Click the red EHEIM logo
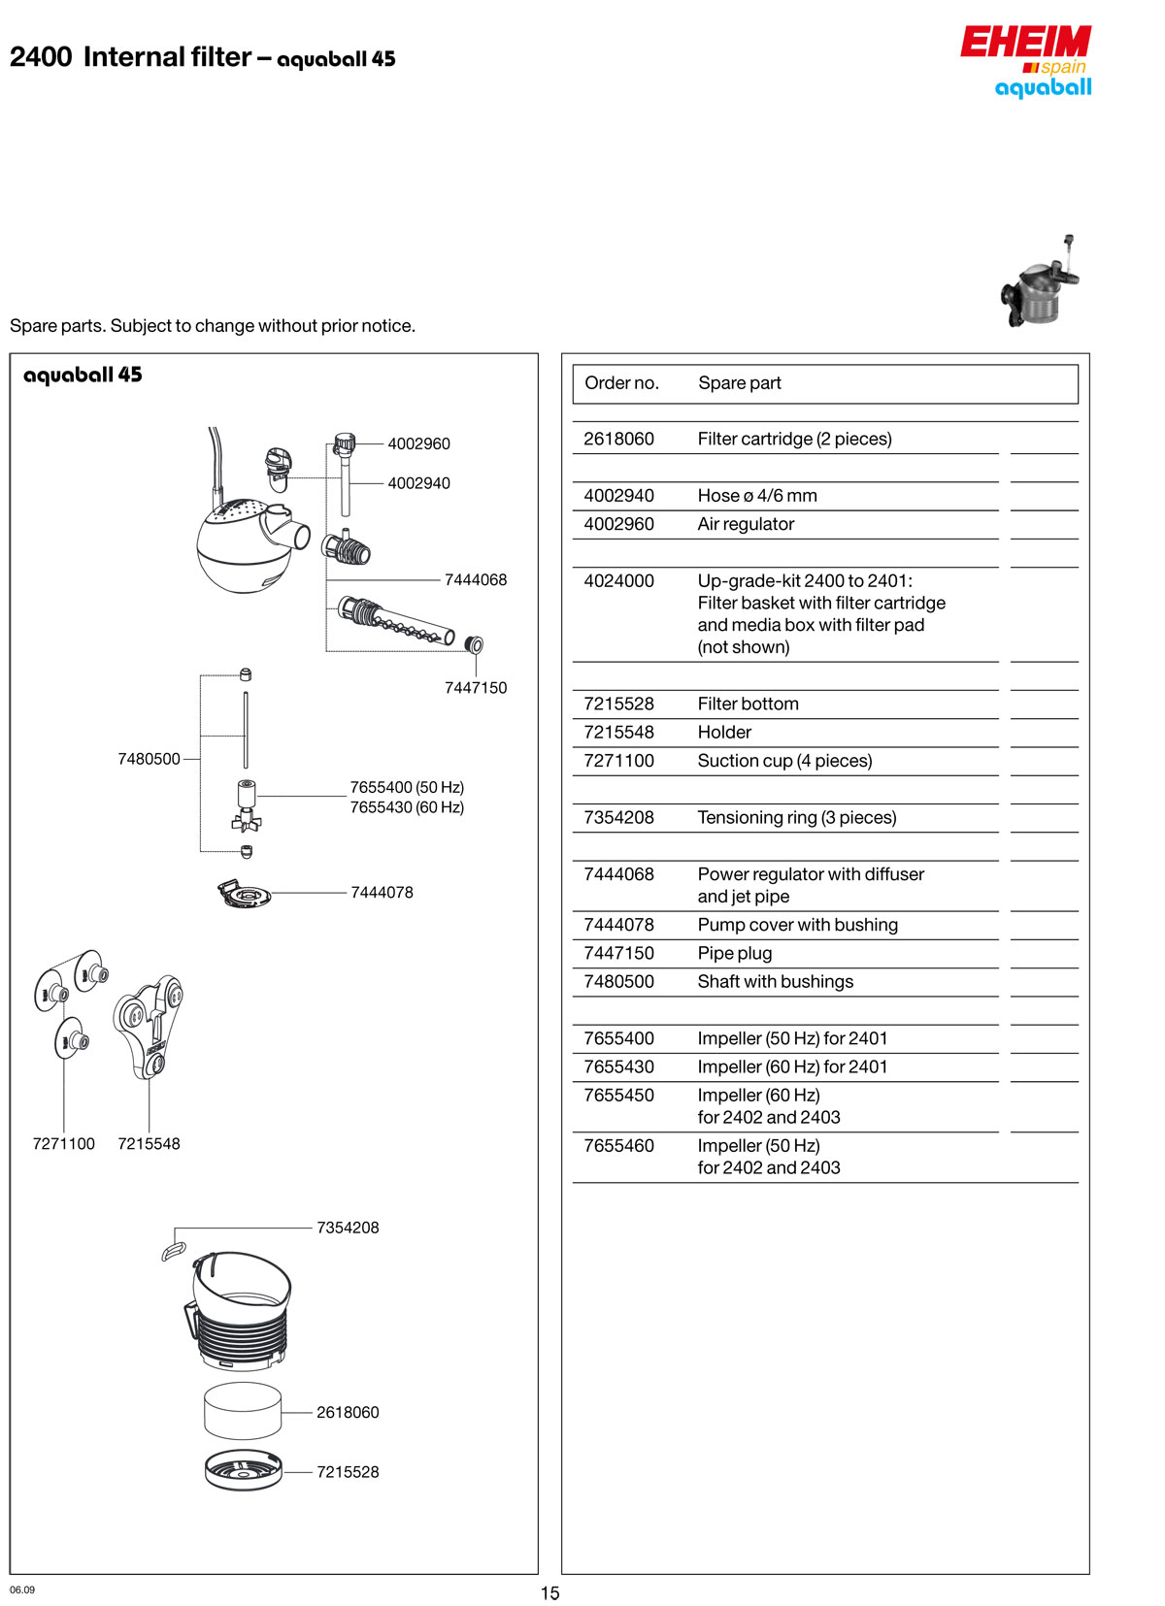tap(1025, 42)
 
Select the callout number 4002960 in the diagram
tap(418, 443)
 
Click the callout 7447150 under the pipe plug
tap(475, 688)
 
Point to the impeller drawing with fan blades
tap(247, 807)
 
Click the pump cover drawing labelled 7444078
tap(244, 894)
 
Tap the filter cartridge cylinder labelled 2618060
tap(243, 1412)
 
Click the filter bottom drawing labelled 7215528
tap(243, 1471)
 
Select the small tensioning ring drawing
tap(173, 1250)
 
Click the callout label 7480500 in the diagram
tap(149, 759)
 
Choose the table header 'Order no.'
tap(621, 383)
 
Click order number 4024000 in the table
tap(618, 581)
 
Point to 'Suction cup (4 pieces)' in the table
tap(784, 761)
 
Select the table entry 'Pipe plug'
tap(735, 953)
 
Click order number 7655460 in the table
tap(618, 1146)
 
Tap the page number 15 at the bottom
tap(550, 1592)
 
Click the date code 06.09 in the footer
tap(22, 1590)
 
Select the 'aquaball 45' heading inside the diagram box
tap(83, 375)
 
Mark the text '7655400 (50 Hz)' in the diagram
tap(407, 787)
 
